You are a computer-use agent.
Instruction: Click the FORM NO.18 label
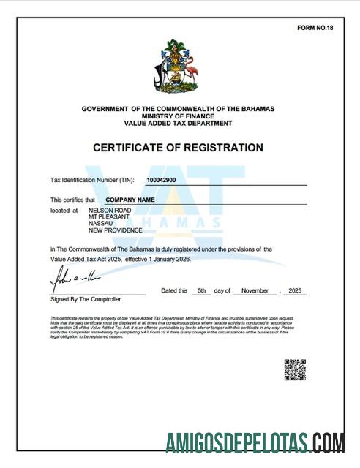pos(315,28)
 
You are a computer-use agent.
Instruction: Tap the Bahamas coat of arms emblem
pos(178,69)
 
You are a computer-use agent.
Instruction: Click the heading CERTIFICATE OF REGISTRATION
pos(178,148)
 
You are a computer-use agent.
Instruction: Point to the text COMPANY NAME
pos(130,199)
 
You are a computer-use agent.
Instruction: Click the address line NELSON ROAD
pos(110,210)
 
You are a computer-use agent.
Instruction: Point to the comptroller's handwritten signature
pos(73,280)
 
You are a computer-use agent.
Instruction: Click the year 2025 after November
pos(296,290)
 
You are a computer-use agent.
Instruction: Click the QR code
pos(294,369)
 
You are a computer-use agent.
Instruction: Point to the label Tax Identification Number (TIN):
pos(92,179)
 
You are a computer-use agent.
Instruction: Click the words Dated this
pos(174,290)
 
